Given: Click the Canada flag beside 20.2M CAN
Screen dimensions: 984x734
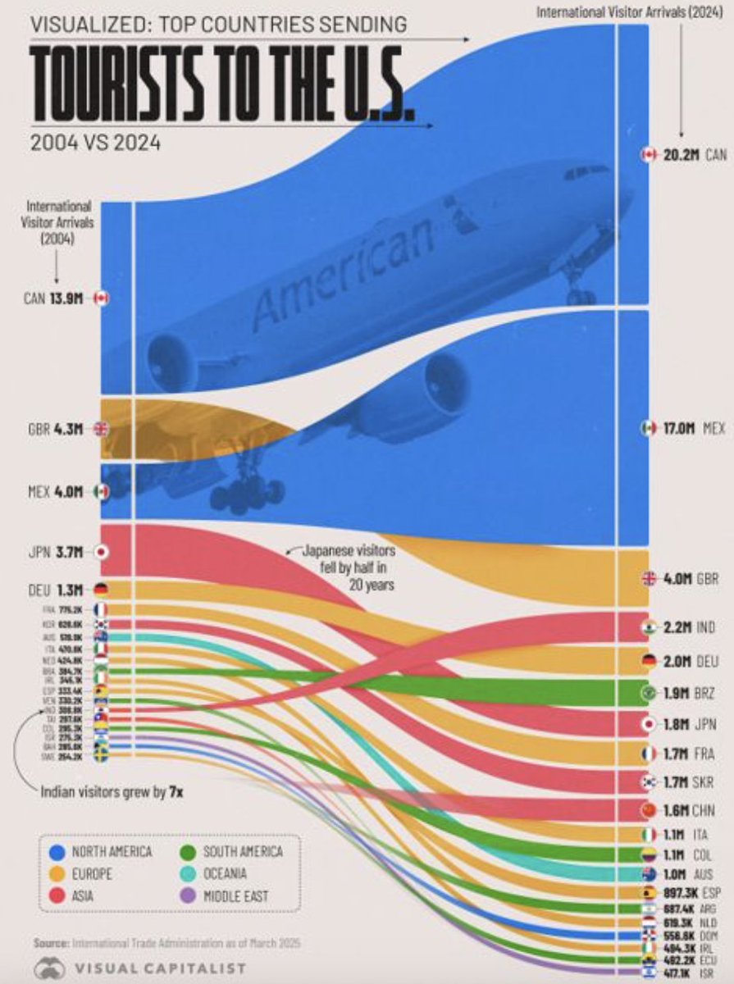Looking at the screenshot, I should click(x=649, y=154).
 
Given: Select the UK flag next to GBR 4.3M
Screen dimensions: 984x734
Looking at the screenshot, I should click(x=102, y=428).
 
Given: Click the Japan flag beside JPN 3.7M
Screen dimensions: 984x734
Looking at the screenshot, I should click(x=102, y=552).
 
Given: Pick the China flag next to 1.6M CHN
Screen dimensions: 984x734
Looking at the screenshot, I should click(x=649, y=810).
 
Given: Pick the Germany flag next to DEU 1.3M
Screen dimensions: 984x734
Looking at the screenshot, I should click(x=102, y=589).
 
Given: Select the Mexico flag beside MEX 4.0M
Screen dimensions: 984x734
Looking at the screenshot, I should click(x=102, y=491).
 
